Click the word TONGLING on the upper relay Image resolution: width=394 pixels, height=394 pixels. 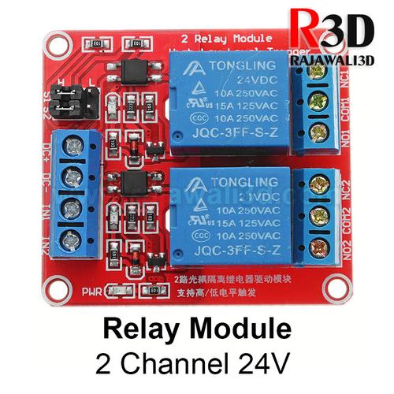click(223, 67)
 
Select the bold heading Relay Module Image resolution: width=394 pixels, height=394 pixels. click(197, 327)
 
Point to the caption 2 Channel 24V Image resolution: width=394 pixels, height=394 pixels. click(197, 364)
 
